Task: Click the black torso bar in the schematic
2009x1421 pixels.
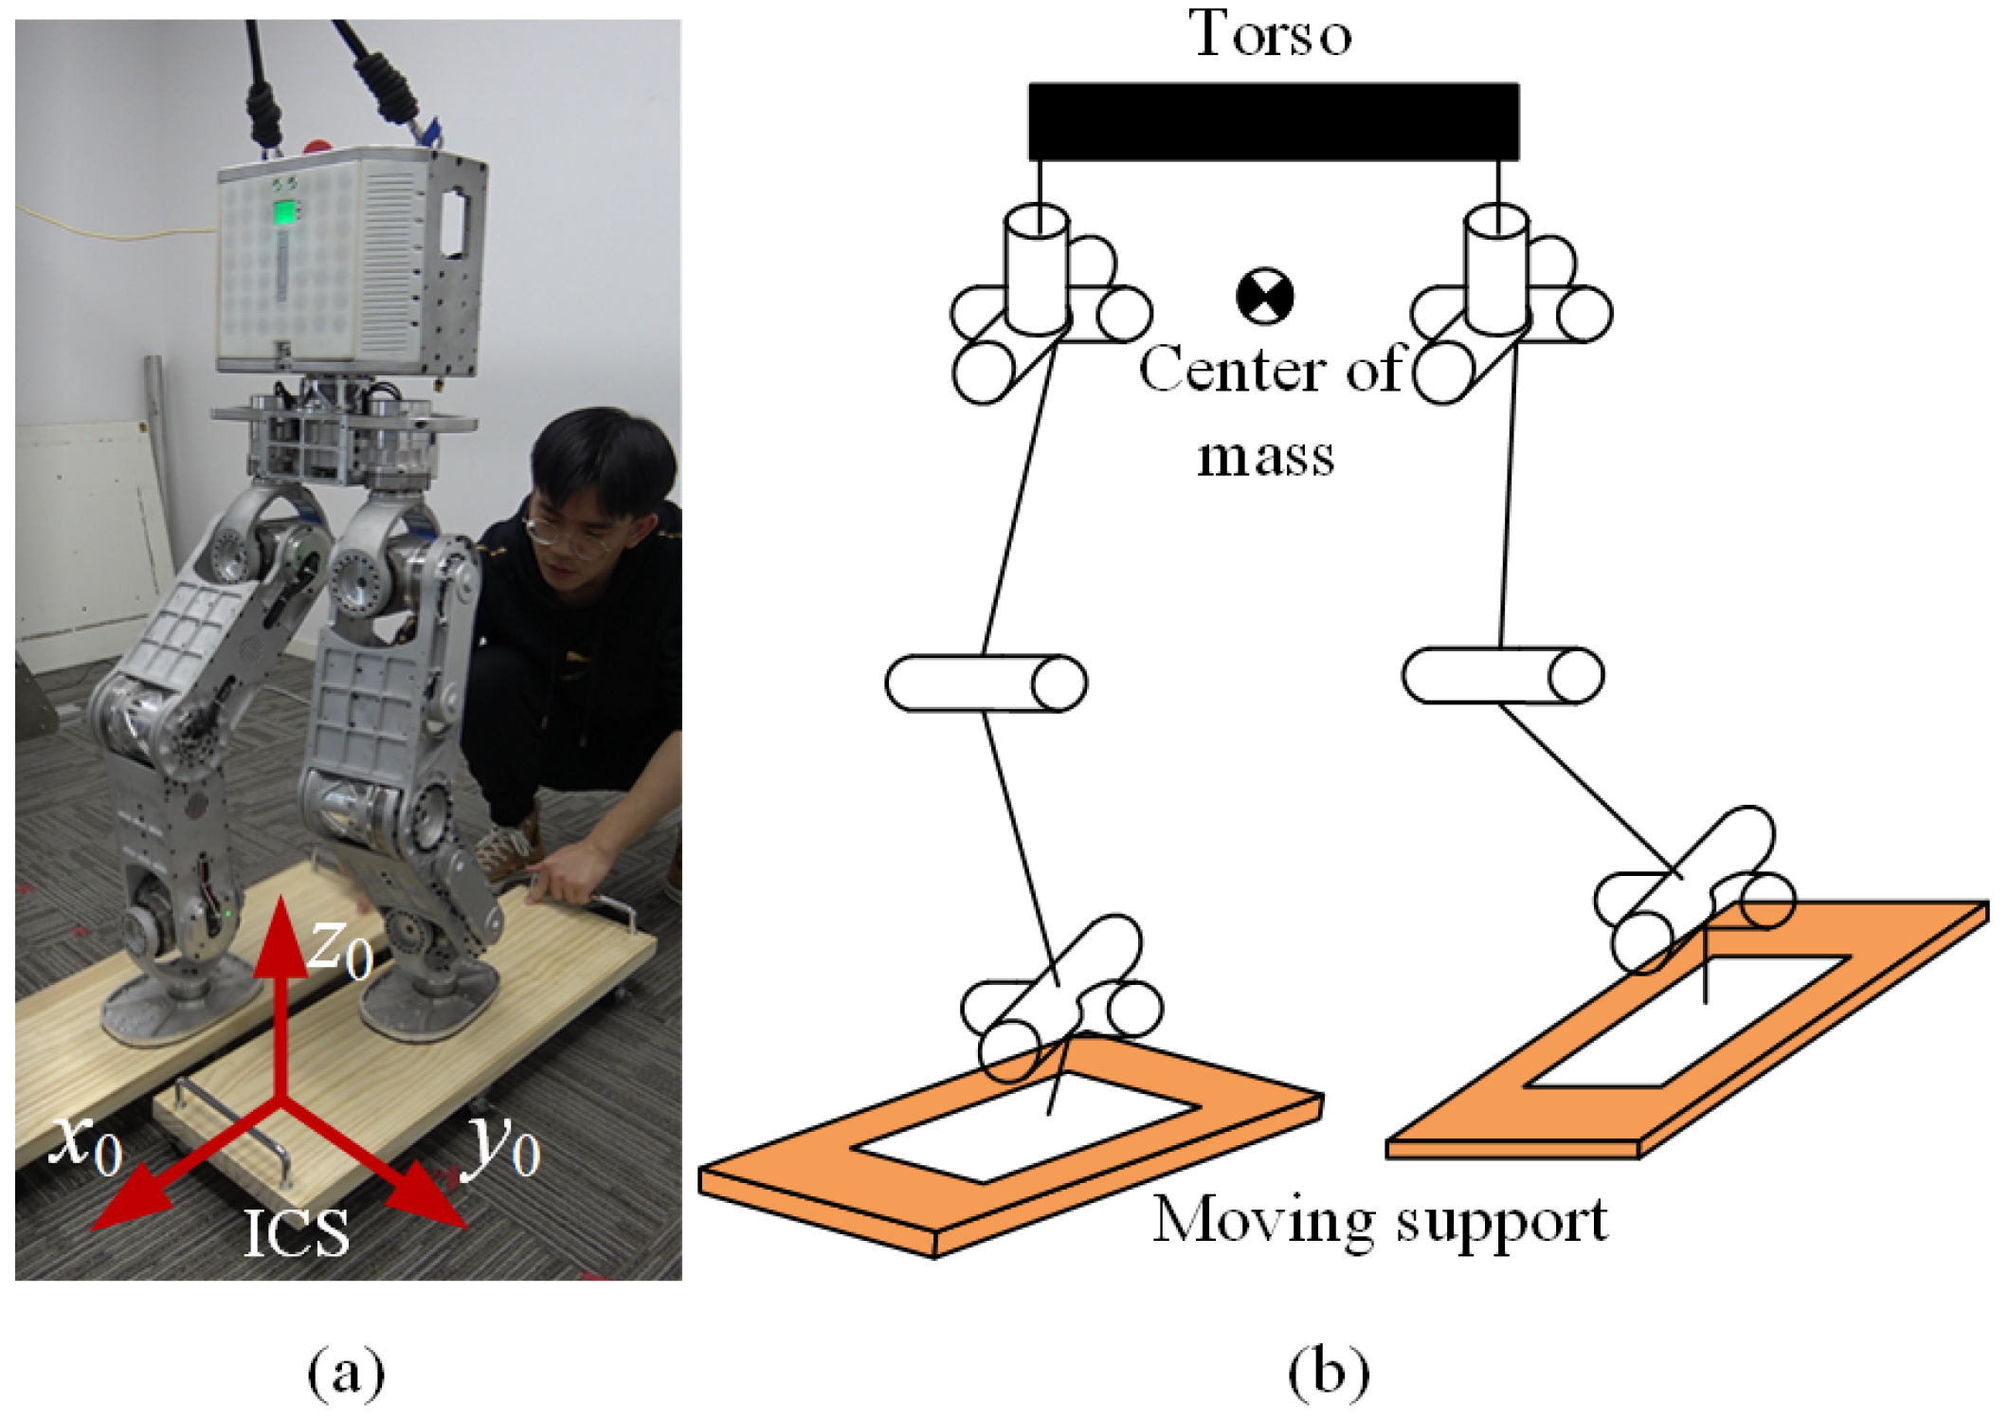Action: click(1273, 121)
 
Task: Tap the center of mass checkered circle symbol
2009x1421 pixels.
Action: click(1265, 296)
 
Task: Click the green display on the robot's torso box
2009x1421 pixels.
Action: click(284, 212)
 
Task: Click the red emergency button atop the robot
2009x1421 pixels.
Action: click(317, 147)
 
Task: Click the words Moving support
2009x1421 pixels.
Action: click(1380, 1221)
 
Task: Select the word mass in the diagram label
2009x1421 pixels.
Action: click(1265, 457)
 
